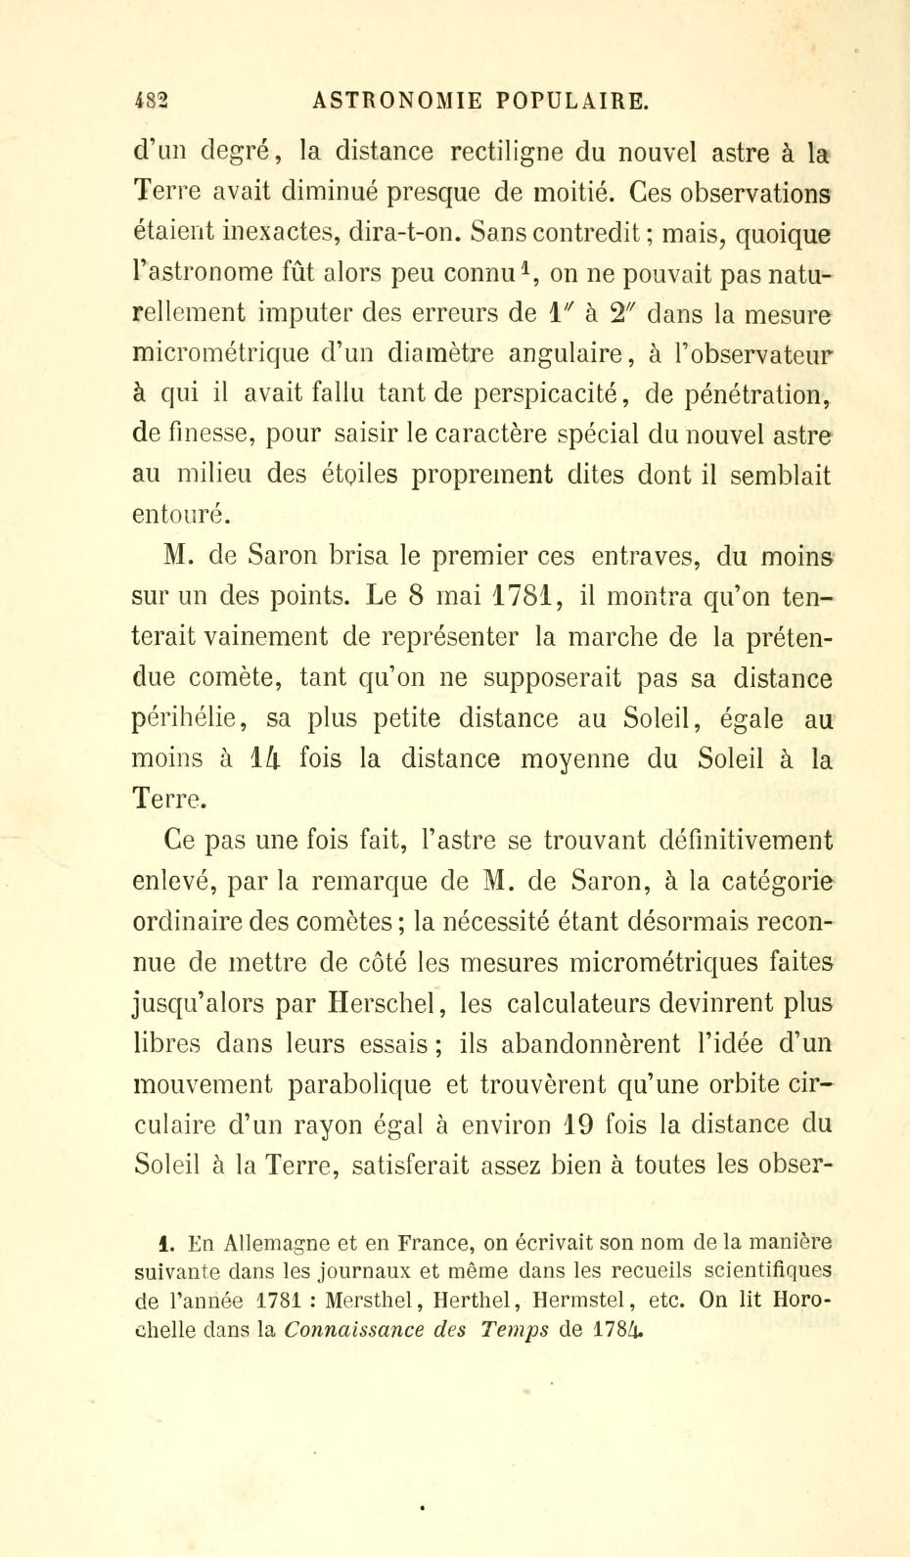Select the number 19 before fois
coord(572,1126)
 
